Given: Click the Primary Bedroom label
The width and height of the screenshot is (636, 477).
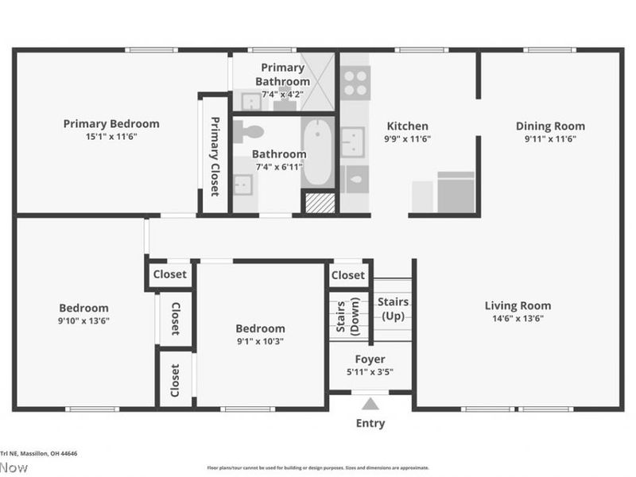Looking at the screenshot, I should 111,123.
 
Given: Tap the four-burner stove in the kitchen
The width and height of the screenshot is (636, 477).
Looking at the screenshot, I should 355,82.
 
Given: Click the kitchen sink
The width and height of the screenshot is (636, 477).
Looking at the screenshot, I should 352,142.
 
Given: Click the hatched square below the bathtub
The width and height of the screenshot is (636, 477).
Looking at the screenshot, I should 319,203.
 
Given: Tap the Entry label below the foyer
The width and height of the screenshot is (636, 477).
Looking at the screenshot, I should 370,424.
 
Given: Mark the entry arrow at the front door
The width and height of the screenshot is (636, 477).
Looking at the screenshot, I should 370,403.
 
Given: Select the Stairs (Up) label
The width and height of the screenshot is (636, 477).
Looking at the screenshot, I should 393,308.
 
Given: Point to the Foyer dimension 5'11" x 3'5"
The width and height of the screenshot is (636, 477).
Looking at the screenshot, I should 370,371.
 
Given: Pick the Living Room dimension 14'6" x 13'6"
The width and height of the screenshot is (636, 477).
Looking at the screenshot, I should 518,319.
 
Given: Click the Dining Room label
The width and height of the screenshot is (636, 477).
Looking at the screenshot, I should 550,126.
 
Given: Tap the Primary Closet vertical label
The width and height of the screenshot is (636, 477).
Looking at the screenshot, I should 214,156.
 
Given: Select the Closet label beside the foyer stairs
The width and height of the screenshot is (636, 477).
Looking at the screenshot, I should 347,275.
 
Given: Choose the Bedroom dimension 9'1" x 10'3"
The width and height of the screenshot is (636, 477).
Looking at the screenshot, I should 260,341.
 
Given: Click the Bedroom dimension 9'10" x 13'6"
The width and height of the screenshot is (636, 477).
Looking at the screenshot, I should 83,321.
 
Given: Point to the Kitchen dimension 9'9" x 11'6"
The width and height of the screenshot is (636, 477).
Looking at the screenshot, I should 407,138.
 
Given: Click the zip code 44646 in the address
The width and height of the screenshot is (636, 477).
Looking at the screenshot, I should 67,454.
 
